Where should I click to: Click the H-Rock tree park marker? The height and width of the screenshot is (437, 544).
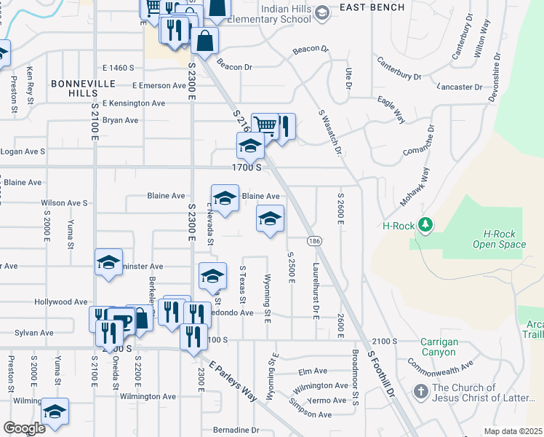(x=425, y=225)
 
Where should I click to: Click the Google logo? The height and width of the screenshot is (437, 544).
(x=24, y=428)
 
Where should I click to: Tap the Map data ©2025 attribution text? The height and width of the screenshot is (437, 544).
(x=513, y=431)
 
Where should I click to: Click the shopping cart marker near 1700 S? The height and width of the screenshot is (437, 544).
(x=265, y=125)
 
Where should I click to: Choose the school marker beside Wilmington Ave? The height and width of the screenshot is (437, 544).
(x=55, y=412)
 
